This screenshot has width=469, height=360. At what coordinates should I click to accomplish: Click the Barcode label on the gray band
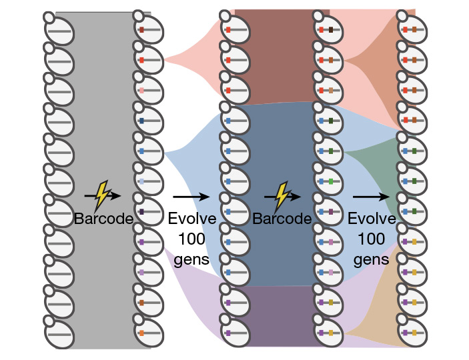(103, 219)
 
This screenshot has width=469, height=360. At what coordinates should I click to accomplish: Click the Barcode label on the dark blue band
(282, 219)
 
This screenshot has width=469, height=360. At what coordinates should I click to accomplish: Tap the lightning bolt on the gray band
(102, 194)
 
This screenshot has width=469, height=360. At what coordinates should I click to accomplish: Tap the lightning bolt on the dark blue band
(282, 194)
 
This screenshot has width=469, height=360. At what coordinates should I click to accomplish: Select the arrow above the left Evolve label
(191, 197)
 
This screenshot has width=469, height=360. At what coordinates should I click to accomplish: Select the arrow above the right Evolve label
(371, 197)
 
